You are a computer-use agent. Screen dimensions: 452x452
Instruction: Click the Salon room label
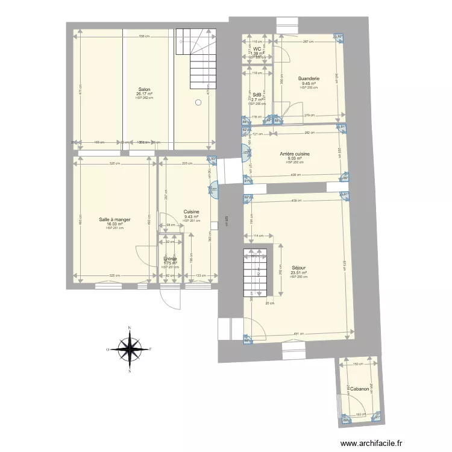point(144,89)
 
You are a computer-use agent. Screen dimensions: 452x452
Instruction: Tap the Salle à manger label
point(115,220)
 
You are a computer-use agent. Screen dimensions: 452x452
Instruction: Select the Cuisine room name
point(192,212)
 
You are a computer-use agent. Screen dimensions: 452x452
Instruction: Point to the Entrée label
point(170,259)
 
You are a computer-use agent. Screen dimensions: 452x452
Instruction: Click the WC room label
point(257,49)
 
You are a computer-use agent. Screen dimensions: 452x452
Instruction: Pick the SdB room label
point(257,95)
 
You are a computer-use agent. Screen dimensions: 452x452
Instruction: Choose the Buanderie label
point(309,79)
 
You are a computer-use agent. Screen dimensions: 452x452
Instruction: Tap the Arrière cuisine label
point(295,154)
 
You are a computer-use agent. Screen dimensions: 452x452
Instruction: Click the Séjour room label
point(298,268)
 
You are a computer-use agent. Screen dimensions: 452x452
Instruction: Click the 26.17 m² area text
point(144,94)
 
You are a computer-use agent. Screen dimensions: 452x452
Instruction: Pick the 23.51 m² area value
point(298,272)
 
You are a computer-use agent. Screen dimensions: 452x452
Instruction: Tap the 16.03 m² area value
point(115,224)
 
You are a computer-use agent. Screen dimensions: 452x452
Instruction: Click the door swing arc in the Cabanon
point(348,404)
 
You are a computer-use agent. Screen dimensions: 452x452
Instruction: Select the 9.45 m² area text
point(309,84)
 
